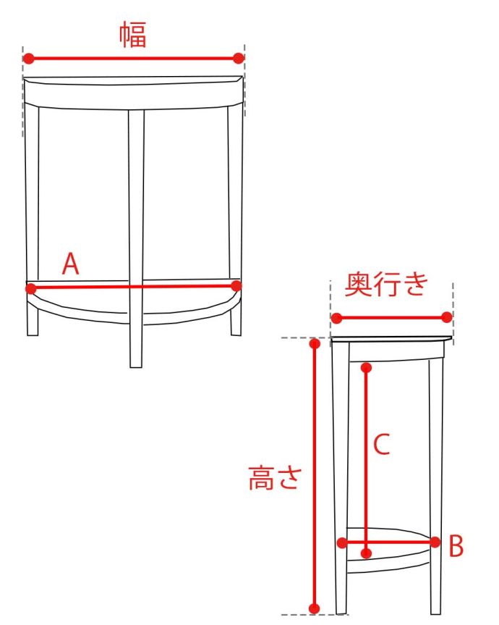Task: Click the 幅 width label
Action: click(133, 35)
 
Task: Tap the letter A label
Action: click(70, 264)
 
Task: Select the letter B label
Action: click(456, 546)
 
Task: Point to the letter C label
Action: click(381, 444)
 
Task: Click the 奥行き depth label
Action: click(386, 284)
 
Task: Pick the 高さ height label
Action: click(275, 477)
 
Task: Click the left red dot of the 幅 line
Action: click(28, 59)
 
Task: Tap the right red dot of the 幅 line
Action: click(239, 58)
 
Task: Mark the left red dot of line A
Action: click(30, 288)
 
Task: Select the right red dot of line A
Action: click(236, 285)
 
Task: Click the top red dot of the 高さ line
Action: click(315, 343)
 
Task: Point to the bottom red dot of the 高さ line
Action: click(315, 608)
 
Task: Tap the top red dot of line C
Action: click(367, 367)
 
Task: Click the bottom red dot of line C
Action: click(367, 553)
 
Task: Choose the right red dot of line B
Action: click(435, 542)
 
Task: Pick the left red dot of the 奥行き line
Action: click(337, 318)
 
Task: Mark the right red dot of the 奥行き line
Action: click(447, 317)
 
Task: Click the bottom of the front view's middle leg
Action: click(136, 366)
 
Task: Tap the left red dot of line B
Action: click(342, 542)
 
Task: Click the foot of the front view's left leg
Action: click(33, 335)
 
